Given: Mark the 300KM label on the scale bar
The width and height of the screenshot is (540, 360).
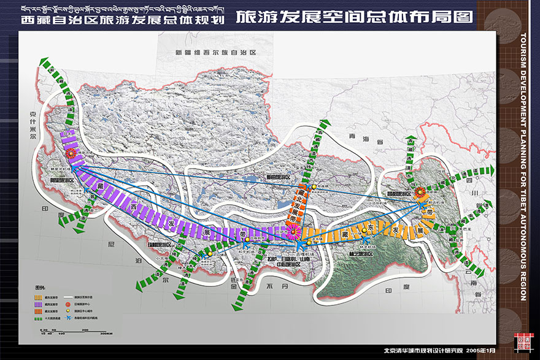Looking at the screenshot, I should pos(105,333).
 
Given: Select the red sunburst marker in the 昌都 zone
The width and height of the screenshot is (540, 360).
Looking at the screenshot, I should pos(420,193).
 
